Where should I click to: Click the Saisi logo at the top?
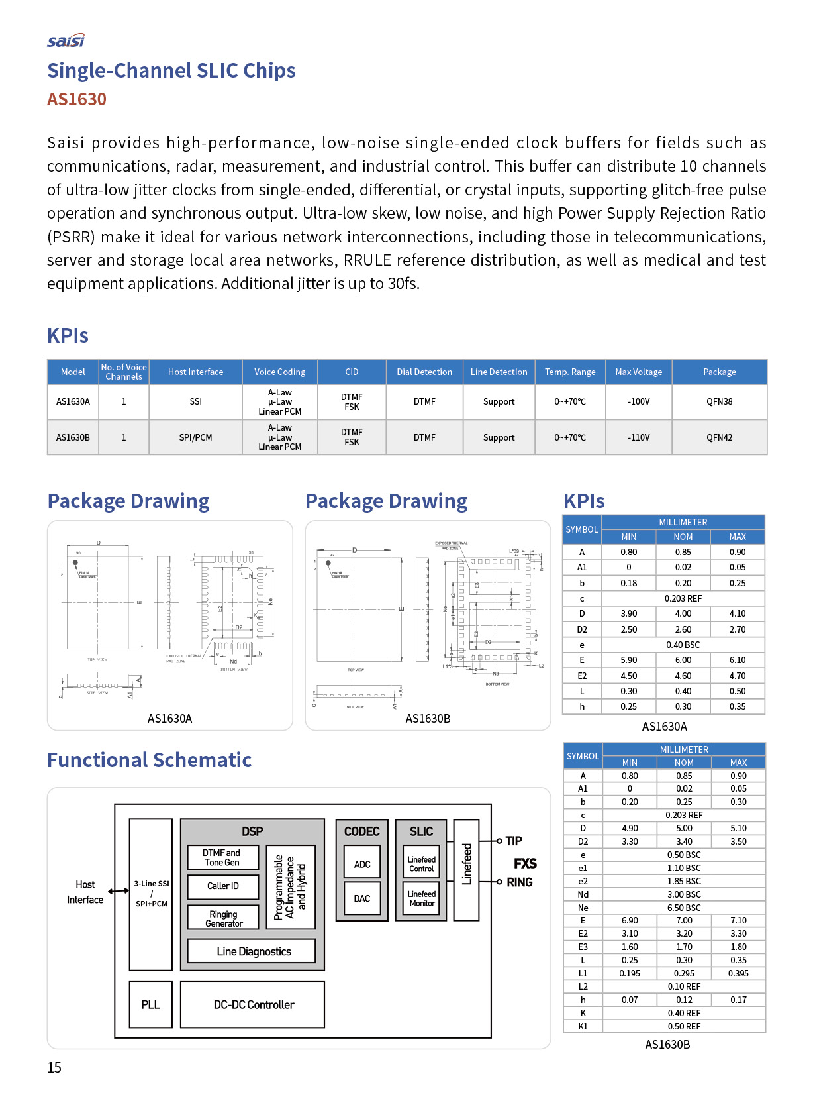point(66,41)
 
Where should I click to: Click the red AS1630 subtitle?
point(77,99)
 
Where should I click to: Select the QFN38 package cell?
point(719,402)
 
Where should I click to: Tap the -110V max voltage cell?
point(638,438)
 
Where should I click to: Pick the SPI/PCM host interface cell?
point(195,438)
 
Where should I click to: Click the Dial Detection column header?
point(424,372)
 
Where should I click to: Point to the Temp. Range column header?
point(570,372)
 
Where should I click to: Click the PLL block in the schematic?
point(151,1005)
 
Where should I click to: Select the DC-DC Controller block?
point(254,1005)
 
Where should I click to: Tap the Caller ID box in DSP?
point(223,886)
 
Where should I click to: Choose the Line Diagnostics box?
point(254,951)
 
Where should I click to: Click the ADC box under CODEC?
point(362,865)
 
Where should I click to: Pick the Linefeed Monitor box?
point(422,898)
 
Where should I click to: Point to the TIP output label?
point(514,841)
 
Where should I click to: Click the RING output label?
point(520,882)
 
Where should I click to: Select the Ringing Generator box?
point(224,919)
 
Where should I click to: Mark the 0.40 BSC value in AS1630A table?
point(683,645)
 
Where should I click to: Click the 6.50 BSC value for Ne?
point(684,908)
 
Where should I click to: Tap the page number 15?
point(54,1068)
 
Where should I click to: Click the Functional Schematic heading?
point(150,761)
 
